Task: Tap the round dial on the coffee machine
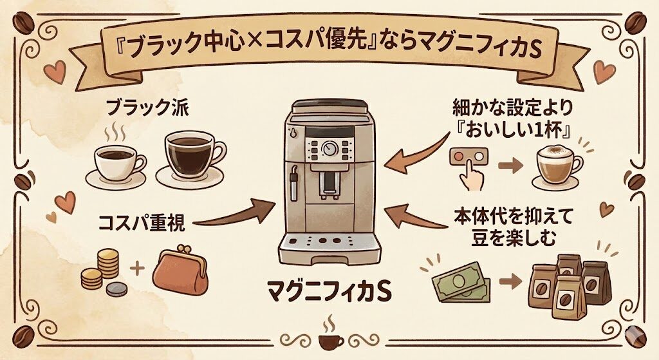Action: tap(329, 147)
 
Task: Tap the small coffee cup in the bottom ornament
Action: tap(329, 339)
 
